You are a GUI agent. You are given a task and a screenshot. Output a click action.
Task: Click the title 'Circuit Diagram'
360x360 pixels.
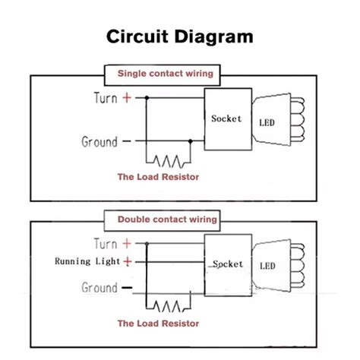(179, 36)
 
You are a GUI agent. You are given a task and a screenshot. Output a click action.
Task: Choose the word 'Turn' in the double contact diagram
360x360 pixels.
(104, 244)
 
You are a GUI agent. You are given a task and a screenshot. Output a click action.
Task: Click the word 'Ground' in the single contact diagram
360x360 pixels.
(99, 142)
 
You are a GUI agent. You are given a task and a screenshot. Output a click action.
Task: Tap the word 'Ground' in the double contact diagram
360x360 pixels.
(99, 289)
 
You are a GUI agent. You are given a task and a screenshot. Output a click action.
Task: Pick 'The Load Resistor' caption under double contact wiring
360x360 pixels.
(158, 324)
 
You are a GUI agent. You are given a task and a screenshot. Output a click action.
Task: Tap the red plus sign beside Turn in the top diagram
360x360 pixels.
(128, 98)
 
